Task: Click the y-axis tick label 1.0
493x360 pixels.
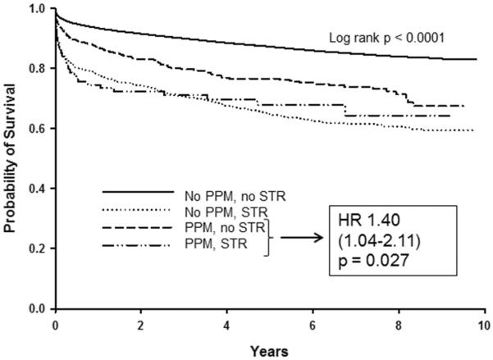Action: (38, 9)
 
